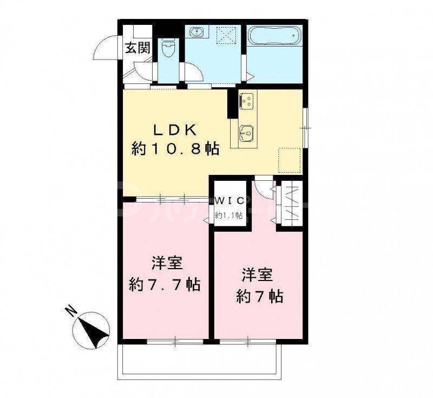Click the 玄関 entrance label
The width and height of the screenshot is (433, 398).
[x=138, y=48]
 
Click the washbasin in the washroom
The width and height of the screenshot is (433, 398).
[x=196, y=33]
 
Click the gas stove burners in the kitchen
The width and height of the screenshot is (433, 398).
[x=247, y=101]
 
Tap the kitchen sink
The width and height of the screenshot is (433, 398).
[x=247, y=131]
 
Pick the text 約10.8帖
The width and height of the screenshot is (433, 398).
[x=175, y=149]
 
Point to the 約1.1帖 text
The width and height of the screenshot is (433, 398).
[x=228, y=215]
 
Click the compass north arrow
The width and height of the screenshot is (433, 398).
[x=93, y=329]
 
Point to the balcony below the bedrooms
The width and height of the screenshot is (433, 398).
[x=200, y=358]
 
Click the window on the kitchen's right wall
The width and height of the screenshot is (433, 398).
[x=305, y=127]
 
